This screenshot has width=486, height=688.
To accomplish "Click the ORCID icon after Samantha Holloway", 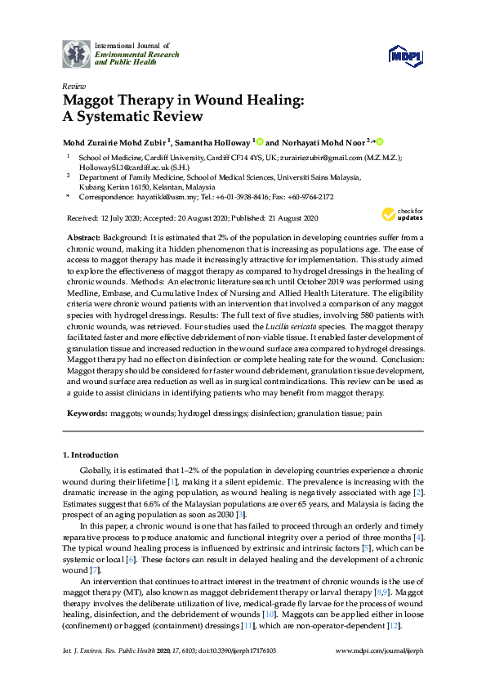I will click(261, 141).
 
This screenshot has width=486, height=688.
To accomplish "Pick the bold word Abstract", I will click(84, 235).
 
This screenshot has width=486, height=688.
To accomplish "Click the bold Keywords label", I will click(87, 413).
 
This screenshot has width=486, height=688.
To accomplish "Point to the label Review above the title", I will click(74, 86).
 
